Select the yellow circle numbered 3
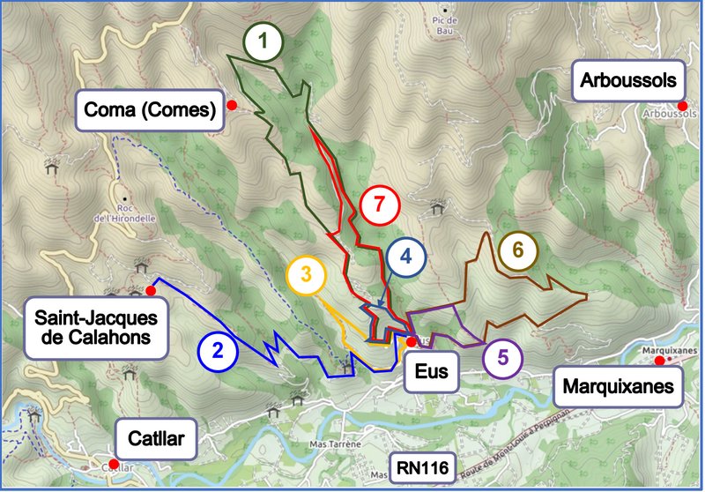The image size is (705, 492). [305, 273]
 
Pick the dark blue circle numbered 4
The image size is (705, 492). [405, 257]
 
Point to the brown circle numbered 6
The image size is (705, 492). [517, 250]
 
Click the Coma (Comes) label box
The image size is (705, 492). [149, 110]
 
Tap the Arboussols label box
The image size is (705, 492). [628, 81]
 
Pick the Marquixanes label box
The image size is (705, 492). [620, 386]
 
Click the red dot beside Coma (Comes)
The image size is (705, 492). [232, 105]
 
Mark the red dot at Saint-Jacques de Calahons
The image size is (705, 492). [151, 290]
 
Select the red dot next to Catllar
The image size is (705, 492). [114, 463]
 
